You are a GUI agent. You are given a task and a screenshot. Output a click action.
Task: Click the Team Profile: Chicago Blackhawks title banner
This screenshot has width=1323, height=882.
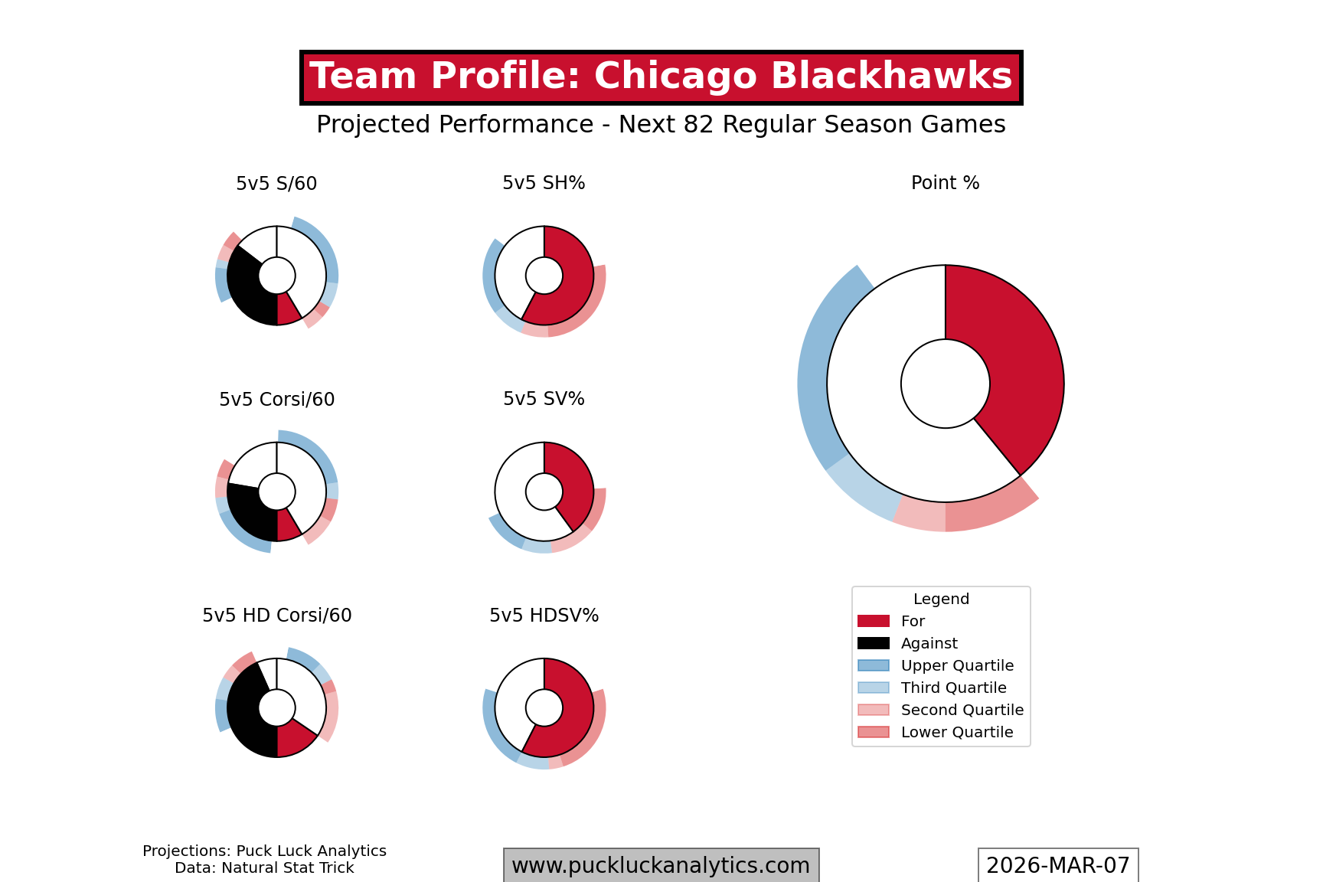[661, 77]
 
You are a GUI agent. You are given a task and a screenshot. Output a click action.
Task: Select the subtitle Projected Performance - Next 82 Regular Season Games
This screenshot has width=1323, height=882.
[661, 124]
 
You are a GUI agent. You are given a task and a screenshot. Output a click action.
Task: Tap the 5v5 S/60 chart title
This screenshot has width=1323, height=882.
[276, 184]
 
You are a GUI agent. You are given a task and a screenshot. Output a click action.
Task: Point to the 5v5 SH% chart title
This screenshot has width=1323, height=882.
[544, 183]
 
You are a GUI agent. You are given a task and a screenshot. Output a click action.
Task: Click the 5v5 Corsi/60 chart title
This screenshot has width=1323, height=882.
[276, 400]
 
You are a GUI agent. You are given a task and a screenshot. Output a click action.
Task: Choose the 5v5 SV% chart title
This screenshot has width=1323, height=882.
[544, 399]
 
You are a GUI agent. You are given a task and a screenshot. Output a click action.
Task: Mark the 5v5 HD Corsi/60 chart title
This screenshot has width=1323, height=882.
[276, 616]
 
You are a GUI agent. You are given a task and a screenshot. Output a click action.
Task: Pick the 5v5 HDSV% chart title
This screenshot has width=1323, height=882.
[544, 616]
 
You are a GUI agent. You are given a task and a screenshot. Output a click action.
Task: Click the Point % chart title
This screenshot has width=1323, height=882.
[945, 183]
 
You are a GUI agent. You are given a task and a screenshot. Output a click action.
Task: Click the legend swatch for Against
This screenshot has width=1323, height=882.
[874, 643]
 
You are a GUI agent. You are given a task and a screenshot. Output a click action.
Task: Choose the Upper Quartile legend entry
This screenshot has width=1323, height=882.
[956, 665]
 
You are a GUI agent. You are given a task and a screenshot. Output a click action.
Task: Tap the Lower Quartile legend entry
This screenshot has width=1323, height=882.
[956, 732]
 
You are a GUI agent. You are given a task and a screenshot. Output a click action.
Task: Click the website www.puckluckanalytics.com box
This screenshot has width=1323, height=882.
[661, 865]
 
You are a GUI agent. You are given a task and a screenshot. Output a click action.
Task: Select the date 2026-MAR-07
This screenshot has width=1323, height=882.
[1057, 865]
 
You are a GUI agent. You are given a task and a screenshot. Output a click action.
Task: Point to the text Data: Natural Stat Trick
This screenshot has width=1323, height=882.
[264, 868]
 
